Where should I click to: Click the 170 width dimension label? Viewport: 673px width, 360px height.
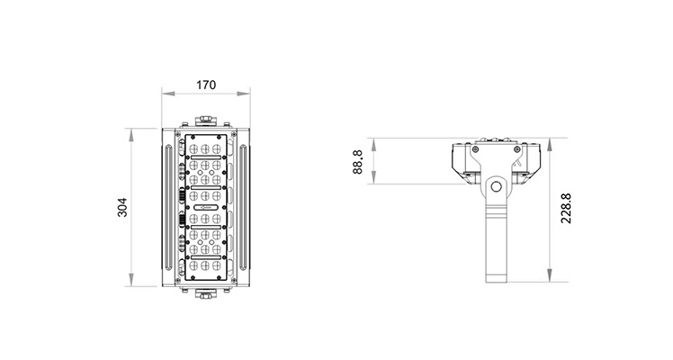pos(206,85)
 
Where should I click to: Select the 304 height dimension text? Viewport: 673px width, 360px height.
pos(122,207)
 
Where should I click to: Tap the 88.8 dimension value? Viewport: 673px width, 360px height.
pos(357,162)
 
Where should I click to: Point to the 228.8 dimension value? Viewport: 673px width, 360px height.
pos(566,208)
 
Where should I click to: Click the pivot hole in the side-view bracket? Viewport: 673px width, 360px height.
pos(496,186)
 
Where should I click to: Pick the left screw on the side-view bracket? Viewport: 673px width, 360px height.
pos(475,149)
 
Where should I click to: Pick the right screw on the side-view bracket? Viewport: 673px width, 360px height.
pos(516,149)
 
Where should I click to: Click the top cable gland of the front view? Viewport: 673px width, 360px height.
pos(206,120)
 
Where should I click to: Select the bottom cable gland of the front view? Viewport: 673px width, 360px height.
pos(206,293)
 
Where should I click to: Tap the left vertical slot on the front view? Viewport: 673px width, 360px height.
pos(168,207)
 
